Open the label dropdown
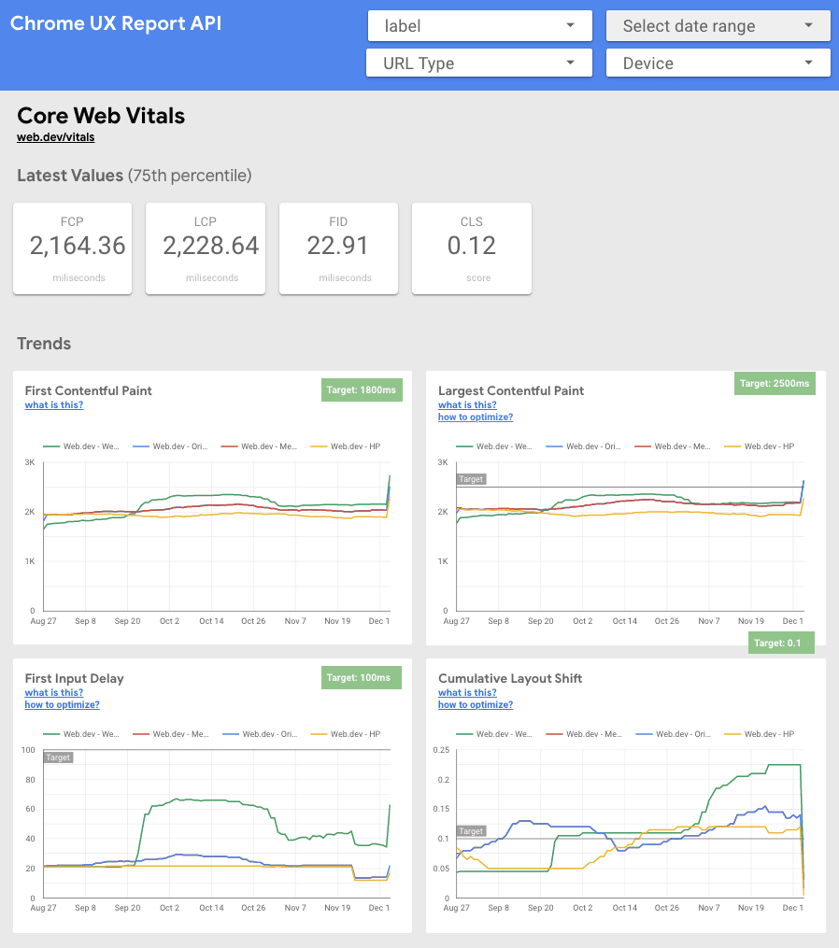tap(479, 26)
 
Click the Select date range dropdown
tap(718, 26)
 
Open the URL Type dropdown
tap(479, 64)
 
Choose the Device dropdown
tap(718, 64)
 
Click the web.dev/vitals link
tap(55, 137)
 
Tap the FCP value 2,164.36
tap(78, 246)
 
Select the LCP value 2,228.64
tap(211, 246)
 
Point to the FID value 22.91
tap(338, 246)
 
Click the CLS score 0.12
tap(472, 246)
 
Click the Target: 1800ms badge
tap(362, 390)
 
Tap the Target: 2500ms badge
tap(775, 383)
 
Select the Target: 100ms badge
tap(362, 677)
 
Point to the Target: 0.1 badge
tap(781, 643)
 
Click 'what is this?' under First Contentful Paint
tap(53, 405)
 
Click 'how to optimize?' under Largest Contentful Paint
tap(476, 417)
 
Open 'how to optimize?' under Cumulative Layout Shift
tap(476, 705)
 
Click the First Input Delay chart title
tap(74, 678)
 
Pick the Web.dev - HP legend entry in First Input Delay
tap(351, 734)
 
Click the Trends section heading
tap(44, 344)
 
